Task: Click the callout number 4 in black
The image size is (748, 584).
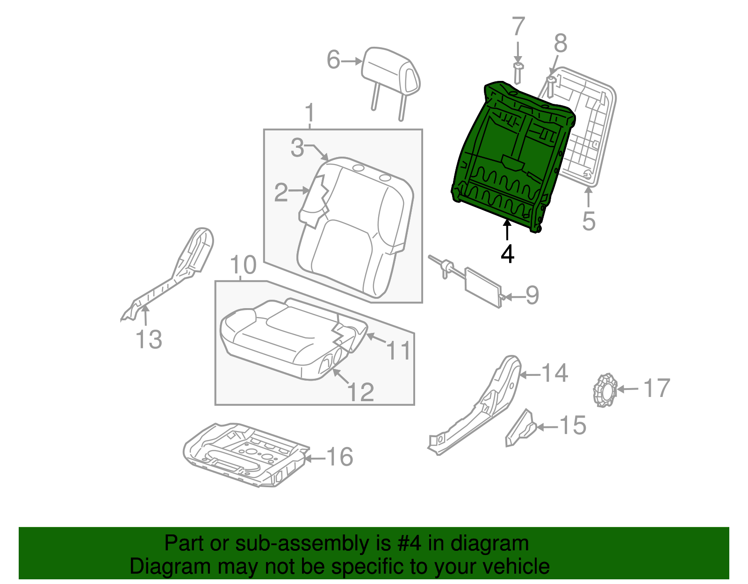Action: [x=507, y=254]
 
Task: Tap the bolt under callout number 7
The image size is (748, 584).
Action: [x=518, y=73]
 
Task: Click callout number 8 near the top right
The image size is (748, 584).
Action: [x=560, y=43]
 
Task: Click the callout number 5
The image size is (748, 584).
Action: [x=589, y=221]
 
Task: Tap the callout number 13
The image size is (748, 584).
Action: [x=149, y=339]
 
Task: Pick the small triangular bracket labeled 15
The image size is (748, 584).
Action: [x=520, y=429]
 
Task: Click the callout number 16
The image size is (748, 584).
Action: [x=340, y=457]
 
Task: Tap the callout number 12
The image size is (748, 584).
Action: [x=361, y=392]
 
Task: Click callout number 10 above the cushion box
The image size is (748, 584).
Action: [x=243, y=265]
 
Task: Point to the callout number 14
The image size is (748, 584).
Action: [x=554, y=373]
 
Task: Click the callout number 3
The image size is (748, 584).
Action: [x=297, y=147]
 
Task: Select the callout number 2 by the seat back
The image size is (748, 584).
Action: [x=281, y=192]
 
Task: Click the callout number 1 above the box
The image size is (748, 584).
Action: [x=309, y=114]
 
